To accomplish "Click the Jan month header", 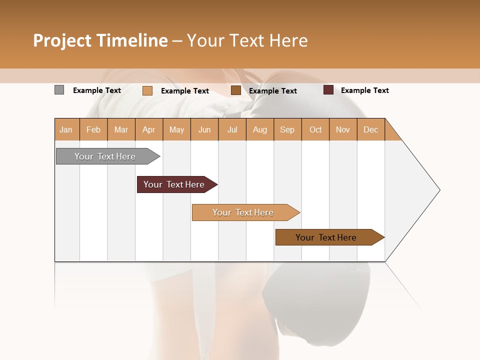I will tap(66, 129).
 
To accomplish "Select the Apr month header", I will tap(148, 129).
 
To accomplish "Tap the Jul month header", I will tap(232, 129).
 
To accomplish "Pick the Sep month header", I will tap(287, 129).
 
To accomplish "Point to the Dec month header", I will tap(370, 129).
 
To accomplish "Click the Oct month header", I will tap(315, 129).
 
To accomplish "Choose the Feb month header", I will tap(93, 129).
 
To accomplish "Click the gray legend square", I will tap(59, 90).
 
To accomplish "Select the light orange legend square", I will tap(147, 90).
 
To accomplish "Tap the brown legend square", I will tap(236, 90).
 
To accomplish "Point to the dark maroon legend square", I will tap(328, 90).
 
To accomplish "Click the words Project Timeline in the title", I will tap(100, 40).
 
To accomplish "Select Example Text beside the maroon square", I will tap(364, 90).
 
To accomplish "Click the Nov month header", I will tap(342, 129).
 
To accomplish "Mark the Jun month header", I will tap(204, 129).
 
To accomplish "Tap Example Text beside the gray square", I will tap(96, 90).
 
